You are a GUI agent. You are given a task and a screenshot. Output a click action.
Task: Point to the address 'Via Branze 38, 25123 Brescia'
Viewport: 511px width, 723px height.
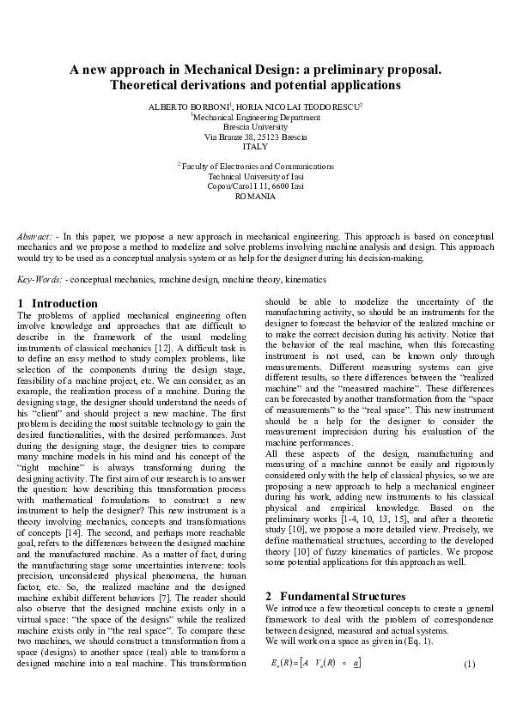pyautogui.click(x=255, y=137)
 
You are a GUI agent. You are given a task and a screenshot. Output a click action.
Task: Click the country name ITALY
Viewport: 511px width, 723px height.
pyautogui.click(x=255, y=147)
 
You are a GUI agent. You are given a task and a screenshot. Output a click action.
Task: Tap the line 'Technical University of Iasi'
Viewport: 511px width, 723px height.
pyautogui.click(x=255, y=176)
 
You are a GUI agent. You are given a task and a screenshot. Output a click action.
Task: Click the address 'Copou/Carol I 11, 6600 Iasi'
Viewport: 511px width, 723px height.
pyautogui.click(x=255, y=186)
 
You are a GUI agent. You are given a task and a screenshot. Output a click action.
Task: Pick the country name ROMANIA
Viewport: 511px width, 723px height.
pyautogui.click(x=255, y=197)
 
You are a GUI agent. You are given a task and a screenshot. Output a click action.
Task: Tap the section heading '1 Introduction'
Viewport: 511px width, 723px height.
pyautogui.click(x=58, y=303)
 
